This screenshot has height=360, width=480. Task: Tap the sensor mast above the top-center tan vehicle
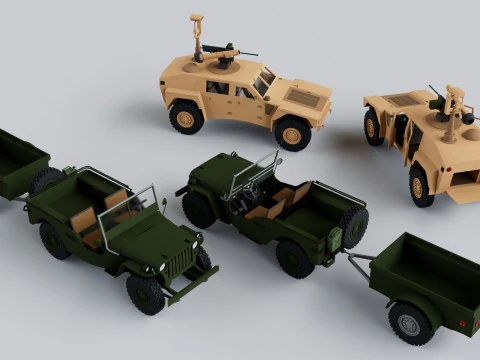(196, 30)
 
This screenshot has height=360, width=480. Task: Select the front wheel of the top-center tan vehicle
(292, 132)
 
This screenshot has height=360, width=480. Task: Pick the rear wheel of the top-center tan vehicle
(185, 117)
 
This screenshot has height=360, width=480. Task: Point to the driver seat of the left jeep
(115, 200)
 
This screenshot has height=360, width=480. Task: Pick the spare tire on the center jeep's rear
(354, 225)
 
